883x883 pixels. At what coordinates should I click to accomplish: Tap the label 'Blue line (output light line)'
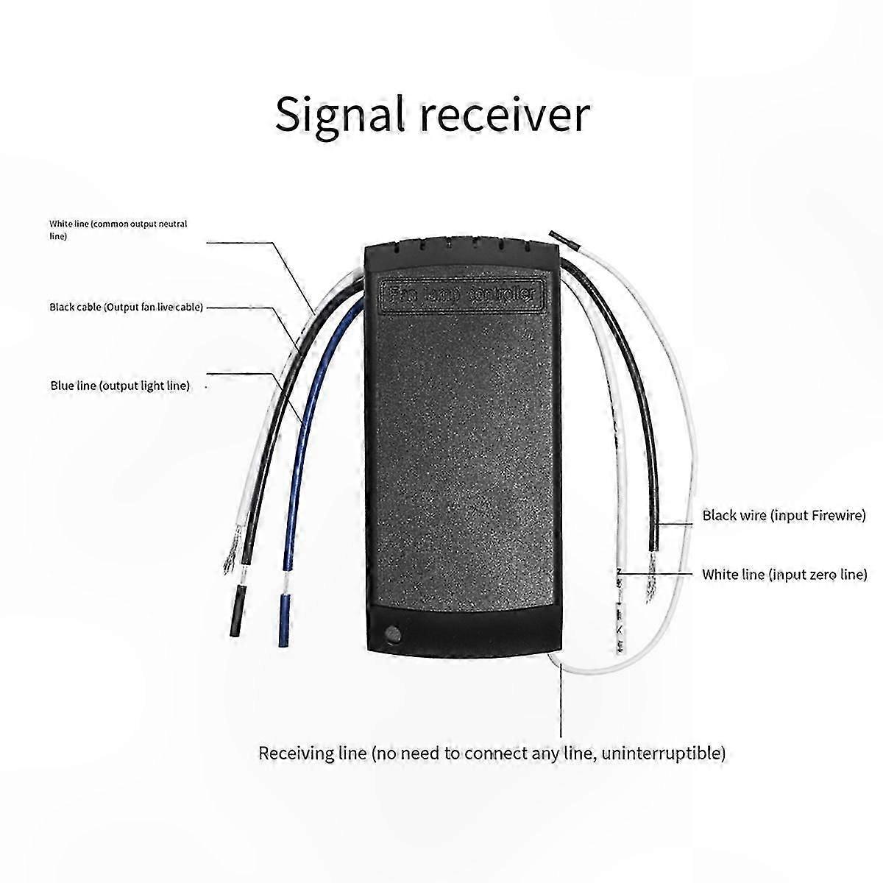[120, 386]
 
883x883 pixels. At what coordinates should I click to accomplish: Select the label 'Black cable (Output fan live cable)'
[126, 307]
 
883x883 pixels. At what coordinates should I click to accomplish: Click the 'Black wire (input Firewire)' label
[784, 515]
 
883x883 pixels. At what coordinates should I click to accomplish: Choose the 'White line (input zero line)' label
[784, 574]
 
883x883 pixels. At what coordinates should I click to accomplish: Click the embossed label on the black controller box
[464, 294]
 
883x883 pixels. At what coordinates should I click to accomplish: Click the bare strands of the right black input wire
[653, 566]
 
